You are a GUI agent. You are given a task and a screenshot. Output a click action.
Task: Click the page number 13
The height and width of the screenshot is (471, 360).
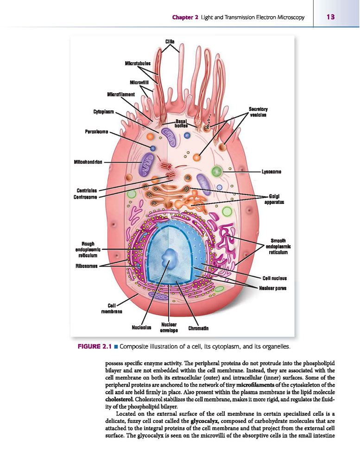(x=330, y=17)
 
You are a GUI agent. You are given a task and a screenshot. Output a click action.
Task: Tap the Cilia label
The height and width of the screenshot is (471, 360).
(x=170, y=42)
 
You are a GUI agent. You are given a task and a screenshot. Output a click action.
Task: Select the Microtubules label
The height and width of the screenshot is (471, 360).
(x=138, y=64)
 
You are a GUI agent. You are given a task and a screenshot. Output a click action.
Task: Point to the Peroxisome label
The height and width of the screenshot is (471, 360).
(x=96, y=132)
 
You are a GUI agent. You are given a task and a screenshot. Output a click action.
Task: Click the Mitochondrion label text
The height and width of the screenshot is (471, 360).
(x=88, y=162)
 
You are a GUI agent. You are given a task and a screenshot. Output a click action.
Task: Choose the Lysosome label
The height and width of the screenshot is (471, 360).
(x=271, y=172)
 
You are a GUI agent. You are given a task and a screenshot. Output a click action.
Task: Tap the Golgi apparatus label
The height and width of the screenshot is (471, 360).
(x=274, y=199)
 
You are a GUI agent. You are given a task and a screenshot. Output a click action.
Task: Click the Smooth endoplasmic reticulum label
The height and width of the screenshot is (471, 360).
(x=278, y=246)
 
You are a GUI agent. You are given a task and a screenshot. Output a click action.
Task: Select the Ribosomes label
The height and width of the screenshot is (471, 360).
(x=87, y=266)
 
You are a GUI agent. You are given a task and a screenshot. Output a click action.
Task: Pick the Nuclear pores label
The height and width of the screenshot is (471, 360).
(x=272, y=288)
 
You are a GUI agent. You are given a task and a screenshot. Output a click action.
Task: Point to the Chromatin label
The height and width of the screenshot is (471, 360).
(x=198, y=328)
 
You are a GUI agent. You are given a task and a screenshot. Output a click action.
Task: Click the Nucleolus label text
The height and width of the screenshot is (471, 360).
(x=141, y=327)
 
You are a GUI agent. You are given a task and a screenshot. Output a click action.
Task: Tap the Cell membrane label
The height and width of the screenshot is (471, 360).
(x=112, y=309)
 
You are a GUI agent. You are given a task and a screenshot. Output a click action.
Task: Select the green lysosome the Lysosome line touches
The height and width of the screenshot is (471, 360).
(x=216, y=172)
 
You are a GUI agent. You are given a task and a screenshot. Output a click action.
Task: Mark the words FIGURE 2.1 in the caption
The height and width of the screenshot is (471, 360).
(x=95, y=347)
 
